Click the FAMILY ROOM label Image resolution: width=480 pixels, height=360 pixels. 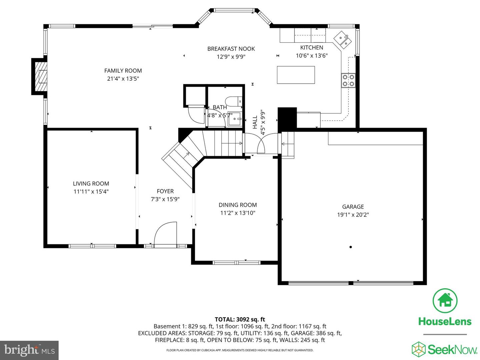click(123, 71)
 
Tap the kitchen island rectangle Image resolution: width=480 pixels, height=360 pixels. click(296, 75)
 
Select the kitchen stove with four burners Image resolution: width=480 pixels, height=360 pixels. click(348, 80)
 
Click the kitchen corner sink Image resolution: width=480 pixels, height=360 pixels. click(343, 39)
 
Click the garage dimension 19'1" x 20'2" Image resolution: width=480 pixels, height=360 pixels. click(353, 215)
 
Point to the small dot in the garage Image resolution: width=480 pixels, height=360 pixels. click(351, 247)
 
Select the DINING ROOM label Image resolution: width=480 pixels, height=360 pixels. click(238, 205)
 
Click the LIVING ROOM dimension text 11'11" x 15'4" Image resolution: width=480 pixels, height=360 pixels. click(91, 192)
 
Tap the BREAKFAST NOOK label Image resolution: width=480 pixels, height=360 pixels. click(231, 49)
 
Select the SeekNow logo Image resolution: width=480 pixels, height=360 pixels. click(445, 349)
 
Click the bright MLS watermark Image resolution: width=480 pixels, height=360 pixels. click(29, 350)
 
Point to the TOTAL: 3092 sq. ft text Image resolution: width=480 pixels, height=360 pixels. click(240, 319)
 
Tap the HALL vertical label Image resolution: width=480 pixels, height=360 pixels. click(255, 122)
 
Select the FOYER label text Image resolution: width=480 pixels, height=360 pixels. click(165, 191)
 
